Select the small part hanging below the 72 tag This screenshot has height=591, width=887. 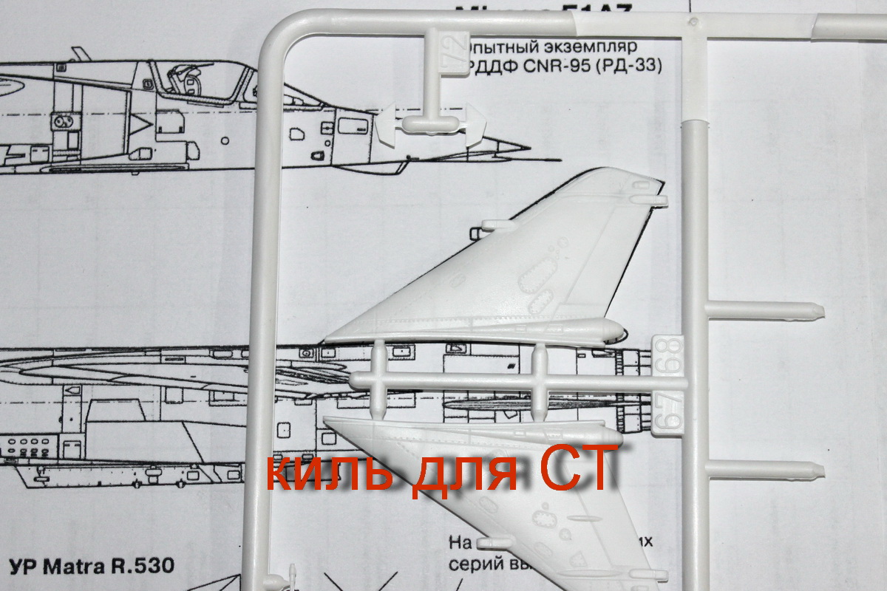[429, 126]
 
